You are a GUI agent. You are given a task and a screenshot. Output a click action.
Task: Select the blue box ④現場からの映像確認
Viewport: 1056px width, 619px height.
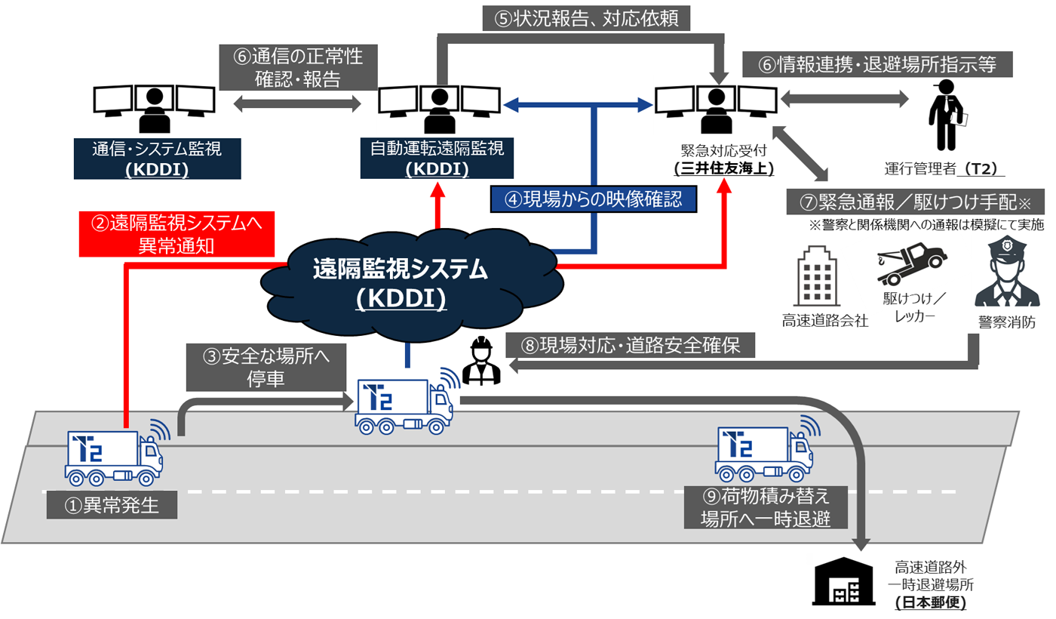[x=593, y=199]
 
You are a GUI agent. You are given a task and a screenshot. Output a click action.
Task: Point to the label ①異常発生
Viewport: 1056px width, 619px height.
[x=112, y=504]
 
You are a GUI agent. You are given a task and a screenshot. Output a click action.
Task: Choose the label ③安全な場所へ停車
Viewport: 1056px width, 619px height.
[x=266, y=366]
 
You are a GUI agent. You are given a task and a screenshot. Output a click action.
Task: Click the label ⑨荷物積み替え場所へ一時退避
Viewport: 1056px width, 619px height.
[x=765, y=507]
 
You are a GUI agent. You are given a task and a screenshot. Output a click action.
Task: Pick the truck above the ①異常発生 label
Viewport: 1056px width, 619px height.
[x=115, y=457]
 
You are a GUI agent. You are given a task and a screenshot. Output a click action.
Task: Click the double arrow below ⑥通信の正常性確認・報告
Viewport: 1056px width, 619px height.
[x=296, y=104]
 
